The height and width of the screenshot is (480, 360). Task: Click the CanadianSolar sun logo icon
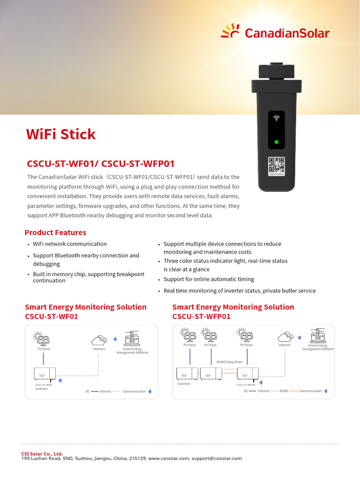[x=230, y=31]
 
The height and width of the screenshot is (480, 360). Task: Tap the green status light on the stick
[x=277, y=142]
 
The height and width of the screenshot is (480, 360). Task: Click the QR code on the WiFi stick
[x=277, y=166]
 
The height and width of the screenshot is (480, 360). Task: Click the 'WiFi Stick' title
[x=61, y=135]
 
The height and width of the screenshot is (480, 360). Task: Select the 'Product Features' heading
[x=55, y=232]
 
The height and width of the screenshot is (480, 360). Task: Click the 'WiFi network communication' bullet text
[x=70, y=244]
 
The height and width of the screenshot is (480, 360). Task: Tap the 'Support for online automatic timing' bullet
[x=209, y=279]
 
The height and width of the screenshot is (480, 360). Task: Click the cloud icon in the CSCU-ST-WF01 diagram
[x=99, y=339]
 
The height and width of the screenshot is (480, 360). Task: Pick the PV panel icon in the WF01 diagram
[x=43, y=338]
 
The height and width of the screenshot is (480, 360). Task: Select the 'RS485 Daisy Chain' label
[x=230, y=362]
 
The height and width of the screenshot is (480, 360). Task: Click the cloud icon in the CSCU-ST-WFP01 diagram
[x=285, y=337]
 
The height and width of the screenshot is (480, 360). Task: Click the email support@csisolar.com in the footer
[x=217, y=458]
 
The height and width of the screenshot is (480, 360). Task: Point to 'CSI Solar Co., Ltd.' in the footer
[x=42, y=454]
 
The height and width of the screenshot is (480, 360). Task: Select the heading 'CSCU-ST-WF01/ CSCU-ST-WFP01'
[x=101, y=164]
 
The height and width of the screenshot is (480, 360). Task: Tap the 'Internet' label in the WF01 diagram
[x=99, y=349]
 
